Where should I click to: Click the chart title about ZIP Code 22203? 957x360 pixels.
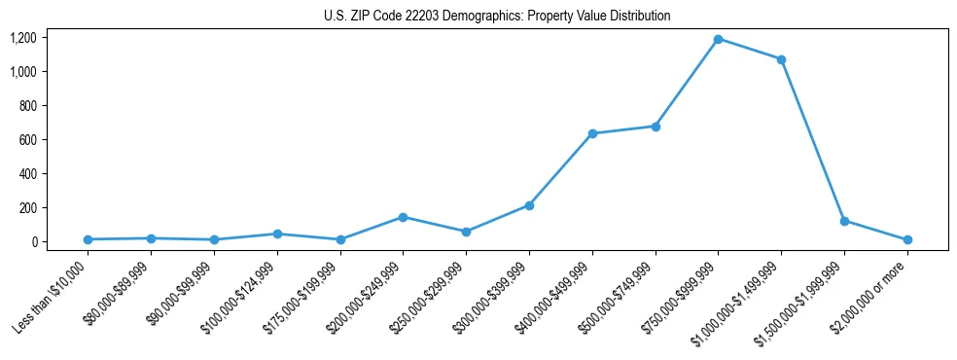pos(497,17)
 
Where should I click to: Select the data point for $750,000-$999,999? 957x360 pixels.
pos(718,39)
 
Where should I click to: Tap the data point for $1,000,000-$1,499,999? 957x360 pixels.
pos(781,59)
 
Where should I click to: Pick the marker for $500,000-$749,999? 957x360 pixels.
pos(656,126)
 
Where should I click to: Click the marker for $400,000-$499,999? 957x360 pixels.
pos(592,133)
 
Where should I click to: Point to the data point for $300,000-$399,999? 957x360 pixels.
pos(529,205)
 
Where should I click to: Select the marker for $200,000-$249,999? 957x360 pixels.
pos(403,217)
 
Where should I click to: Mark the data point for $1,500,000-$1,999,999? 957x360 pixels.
pos(844,221)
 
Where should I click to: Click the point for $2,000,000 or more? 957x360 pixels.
pos(907,239)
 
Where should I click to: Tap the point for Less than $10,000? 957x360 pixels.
pos(88,239)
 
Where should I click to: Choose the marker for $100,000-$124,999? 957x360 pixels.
pos(277,234)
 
